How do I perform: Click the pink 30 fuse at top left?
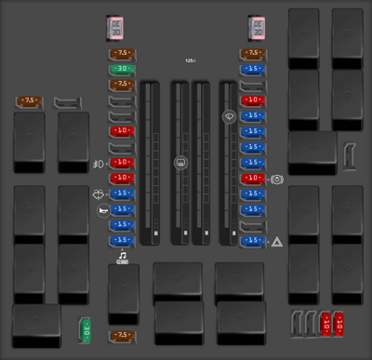pyautogui.click(x=116, y=29)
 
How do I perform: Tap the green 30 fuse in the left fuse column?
pyautogui.click(x=122, y=69)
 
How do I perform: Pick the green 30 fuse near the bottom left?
pyautogui.click(x=84, y=327)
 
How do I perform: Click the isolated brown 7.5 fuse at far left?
pyautogui.click(x=31, y=100)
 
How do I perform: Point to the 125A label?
pyautogui.click(x=190, y=60)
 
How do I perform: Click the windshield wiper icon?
pyautogui.click(x=228, y=115)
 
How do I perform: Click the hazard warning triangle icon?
pyautogui.click(x=277, y=241)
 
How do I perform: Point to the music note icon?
pyautogui.click(x=122, y=254)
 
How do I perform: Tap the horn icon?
pyautogui.click(x=99, y=210)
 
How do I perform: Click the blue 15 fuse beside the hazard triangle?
pyautogui.click(x=251, y=240)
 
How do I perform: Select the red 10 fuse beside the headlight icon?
pyautogui.click(x=122, y=162)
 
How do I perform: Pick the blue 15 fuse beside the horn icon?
pyautogui.click(x=122, y=209)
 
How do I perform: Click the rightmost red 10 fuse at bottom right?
pyautogui.click(x=341, y=325)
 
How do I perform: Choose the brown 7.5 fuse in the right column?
pyautogui.click(x=251, y=54)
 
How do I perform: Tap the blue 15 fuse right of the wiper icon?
pyautogui.click(x=251, y=115)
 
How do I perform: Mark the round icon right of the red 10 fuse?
pyautogui.click(x=278, y=178)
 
